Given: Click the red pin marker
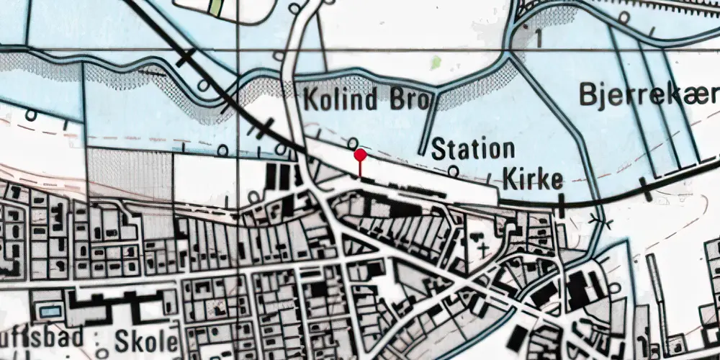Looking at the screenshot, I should [360, 155].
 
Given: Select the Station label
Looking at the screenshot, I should [473, 150].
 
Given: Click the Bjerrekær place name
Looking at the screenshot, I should [648, 94].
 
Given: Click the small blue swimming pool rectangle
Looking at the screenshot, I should [49, 312].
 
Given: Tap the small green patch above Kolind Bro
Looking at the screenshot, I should [435, 63].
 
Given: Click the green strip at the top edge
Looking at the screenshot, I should [215, 7].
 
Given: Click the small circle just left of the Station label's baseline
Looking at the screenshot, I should [453, 171].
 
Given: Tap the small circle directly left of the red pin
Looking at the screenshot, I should [353, 141].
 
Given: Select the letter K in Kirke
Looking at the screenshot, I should [509, 179].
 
